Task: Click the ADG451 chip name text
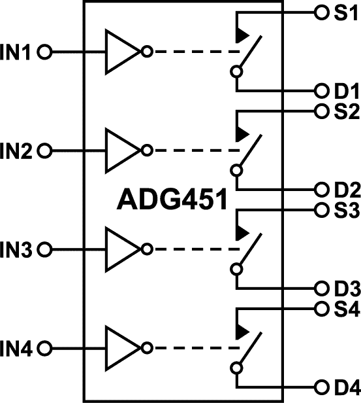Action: click(172, 200)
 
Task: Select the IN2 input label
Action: click(18, 152)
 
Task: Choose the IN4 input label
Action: click(18, 347)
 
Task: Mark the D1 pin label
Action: click(343, 91)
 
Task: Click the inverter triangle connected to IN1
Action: click(121, 52)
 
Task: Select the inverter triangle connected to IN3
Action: click(121, 249)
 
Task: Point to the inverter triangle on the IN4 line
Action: click(121, 347)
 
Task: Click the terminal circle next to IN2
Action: click(44, 152)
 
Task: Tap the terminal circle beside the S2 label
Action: click(320, 111)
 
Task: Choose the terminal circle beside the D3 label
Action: click(320, 288)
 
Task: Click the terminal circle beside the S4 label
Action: click(320, 307)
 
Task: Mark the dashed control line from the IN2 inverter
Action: click(189, 152)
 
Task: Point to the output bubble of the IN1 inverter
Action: click(147, 52)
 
